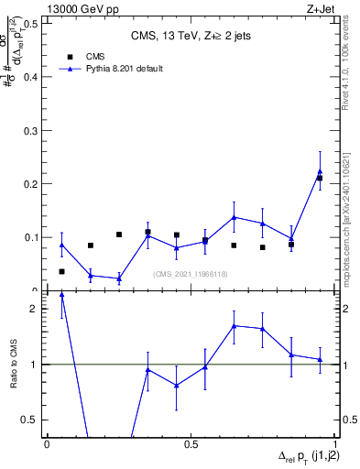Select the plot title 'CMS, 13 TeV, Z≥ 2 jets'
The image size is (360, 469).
[x=190, y=36]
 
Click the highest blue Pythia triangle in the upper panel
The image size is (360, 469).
[x=320, y=172]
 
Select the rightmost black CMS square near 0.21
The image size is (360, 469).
[x=320, y=178]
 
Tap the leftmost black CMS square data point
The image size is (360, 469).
[x=61, y=271]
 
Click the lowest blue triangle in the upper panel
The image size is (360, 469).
[x=119, y=278]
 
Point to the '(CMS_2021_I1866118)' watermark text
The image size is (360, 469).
[x=191, y=274]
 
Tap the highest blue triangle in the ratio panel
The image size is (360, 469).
[x=61, y=295]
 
